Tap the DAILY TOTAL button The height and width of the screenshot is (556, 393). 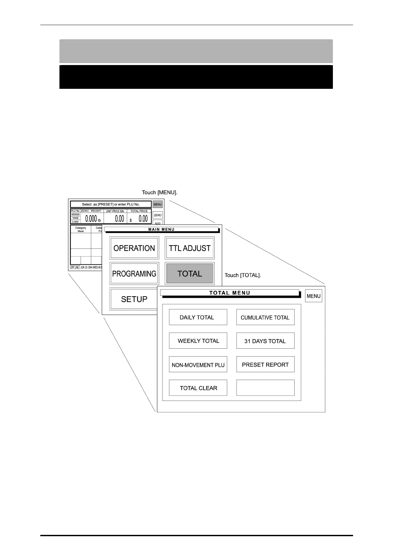pyautogui.click(x=198, y=317)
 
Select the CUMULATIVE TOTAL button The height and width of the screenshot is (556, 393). pyautogui.click(x=265, y=317)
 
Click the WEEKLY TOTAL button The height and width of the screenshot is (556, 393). pyautogui.click(x=198, y=341)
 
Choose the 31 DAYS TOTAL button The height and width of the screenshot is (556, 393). pyautogui.click(x=265, y=341)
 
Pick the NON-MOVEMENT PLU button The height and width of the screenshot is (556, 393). pyautogui.click(x=198, y=365)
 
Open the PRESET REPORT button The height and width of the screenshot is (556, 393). pyautogui.click(x=265, y=365)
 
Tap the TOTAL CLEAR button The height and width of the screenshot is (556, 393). pyautogui.click(x=198, y=388)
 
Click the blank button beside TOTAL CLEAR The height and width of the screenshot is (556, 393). pyautogui.click(x=265, y=388)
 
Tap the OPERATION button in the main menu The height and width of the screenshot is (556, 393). pyautogui.click(x=134, y=248)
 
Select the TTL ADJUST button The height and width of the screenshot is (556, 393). pyautogui.click(x=190, y=248)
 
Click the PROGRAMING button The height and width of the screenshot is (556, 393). pyautogui.click(x=134, y=274)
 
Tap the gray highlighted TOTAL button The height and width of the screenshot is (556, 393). pyautogui.click(x=190, y=274)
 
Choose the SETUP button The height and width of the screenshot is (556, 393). pyautogui.click(x=134, y=299)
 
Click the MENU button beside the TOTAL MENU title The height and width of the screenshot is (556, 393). pyautogui.click(x=313, y=296)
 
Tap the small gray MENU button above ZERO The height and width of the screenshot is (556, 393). pyautogui.click(x=158, y=204)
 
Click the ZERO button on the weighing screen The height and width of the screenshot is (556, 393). pyautogui.click(x=158, y=215)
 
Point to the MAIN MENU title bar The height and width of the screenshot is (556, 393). pyautogui.click(x=161, y=229)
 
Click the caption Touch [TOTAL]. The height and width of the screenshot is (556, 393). pyautogui.click(x=243, y=275)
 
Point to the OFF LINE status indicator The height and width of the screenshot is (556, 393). pyautogui.click(x=75, y=267)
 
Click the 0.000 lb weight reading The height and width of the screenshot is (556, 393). pyautogui.click(x=92, y=219)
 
